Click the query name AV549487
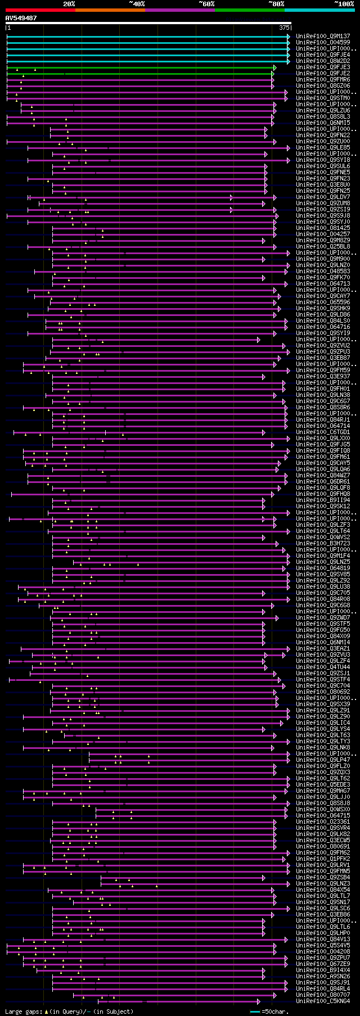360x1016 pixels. [x=21, y=18]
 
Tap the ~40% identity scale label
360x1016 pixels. [x=137, y=4]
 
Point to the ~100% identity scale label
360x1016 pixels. [x=344, y=4]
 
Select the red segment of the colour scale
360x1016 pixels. [x=40, y=10]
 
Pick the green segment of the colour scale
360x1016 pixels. [x=249, y=10]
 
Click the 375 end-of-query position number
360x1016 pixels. [x=284, y=28]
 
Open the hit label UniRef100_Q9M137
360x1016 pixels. [x=323, y=37]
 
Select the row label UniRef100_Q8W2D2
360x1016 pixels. [x=323, y=61]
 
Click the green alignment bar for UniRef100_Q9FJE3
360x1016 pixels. [x=141, y=67]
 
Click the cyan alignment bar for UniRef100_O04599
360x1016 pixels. [x=146, y=43]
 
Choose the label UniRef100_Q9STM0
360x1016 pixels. [x=323, y=98]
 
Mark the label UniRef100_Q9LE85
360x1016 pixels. [x=323, y=148]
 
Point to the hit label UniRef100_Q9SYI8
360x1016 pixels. [x=323, y=160]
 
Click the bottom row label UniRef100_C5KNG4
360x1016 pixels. [x=323, y=1001]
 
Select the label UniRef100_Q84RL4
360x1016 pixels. [x=323, y=989]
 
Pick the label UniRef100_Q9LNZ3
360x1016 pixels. [x=323, y=884]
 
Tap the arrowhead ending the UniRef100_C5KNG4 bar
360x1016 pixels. [x=259, y=1001]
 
